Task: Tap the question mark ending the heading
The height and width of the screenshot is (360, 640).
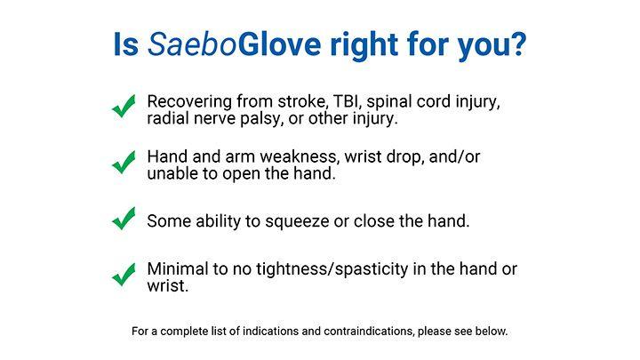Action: click(x=515, y=44)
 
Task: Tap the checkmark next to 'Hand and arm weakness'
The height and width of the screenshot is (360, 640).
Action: click(x=124, y=164)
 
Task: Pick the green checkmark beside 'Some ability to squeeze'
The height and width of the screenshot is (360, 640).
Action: click(x=124, y=219)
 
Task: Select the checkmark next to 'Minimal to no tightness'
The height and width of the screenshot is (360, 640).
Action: click(x=124, y=276)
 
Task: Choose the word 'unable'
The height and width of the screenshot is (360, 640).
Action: click(x=172, y=174)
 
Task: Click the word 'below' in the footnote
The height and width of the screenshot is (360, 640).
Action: click(x=488, y=332)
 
